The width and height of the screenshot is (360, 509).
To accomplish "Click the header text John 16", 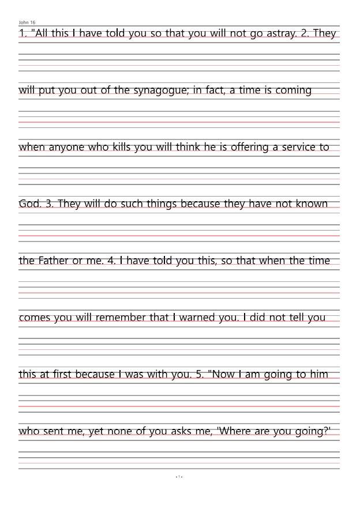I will pyautogui.click(x=27, y=22).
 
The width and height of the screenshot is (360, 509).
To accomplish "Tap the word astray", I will pyautogui.click(x=281, y=33).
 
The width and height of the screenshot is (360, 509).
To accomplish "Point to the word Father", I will pyautogui.click(x=53, y=261).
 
